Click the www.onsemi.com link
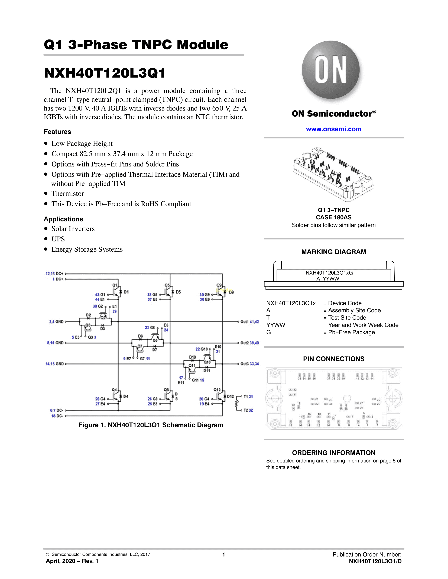(x=334, y=129)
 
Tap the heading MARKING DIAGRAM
(x=334, y=252)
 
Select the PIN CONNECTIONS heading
(x=334, y=359)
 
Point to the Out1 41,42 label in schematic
(x=249, y=322)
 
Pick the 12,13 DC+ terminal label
(x=54, y=274)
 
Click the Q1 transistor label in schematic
(x=115, y=285)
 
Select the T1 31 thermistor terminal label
(x=248, y=397)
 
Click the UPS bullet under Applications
(x=58, y=239)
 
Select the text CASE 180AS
(x=334, y=217)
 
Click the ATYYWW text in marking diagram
(x=328, y=279)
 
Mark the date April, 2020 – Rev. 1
(x=72, y=561)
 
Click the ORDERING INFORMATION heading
(x=334, y=453)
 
